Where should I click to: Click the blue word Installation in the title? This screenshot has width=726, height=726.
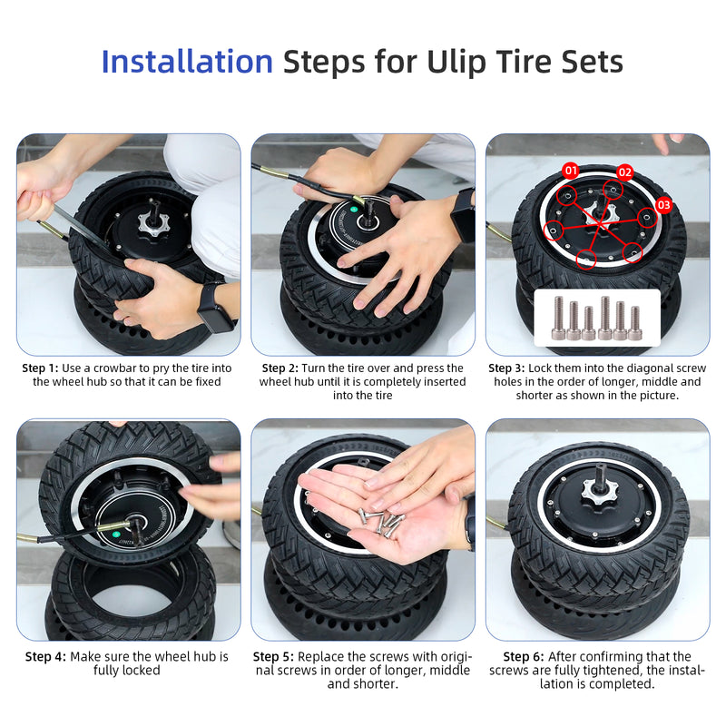tap(187, 62)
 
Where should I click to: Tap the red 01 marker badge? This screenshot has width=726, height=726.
tap(571, 170)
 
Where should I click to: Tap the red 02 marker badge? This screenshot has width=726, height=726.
tap(625, 172)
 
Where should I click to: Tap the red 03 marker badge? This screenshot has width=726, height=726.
tap(663, 205)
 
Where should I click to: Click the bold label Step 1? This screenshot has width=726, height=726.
tap(41, 368)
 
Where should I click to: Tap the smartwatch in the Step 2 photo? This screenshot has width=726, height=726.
tap(463, 214)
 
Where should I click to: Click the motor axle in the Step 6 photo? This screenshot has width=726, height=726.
tap(600, 473)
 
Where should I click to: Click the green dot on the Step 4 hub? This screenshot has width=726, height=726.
tap(116, 534)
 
